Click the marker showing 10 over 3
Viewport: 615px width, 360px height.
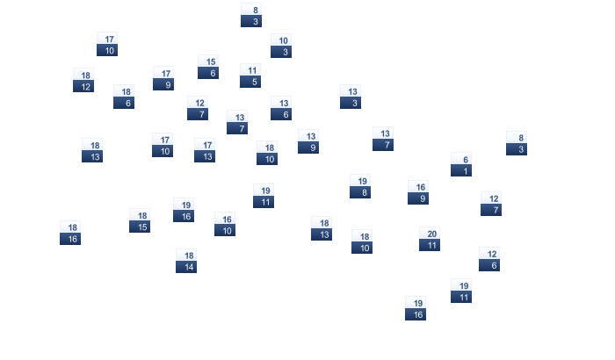pos(281,46)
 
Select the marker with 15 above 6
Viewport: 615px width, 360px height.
pos(208,67)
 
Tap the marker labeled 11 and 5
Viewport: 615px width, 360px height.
pos(250,76)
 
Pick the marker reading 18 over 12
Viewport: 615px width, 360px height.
pos(83,81)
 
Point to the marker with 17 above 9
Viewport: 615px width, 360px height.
pos(163,78)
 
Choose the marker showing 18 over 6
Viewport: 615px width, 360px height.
pos(124,97)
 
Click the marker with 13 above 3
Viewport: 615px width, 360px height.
pos(351,97)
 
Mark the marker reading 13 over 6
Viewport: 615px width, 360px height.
pos(281,108)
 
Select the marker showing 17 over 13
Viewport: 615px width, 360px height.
pos(205,150)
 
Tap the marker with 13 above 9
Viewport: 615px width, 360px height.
pos(308,141)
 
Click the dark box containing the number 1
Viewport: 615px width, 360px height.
pos(461,170)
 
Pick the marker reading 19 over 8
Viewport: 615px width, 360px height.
pos(360,186)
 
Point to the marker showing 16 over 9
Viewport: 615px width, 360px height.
pos(418,192)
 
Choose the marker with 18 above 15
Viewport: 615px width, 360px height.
pos(140,220)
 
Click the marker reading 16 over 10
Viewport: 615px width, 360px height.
pos(225,224)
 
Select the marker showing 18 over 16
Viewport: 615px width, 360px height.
pos(70,233)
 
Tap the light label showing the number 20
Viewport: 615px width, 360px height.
pos(430,234)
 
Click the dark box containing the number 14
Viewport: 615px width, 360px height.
pos(186,267)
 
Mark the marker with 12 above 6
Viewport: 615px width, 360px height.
pos(489,259)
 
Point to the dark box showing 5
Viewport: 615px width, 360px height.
pos(250,82)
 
